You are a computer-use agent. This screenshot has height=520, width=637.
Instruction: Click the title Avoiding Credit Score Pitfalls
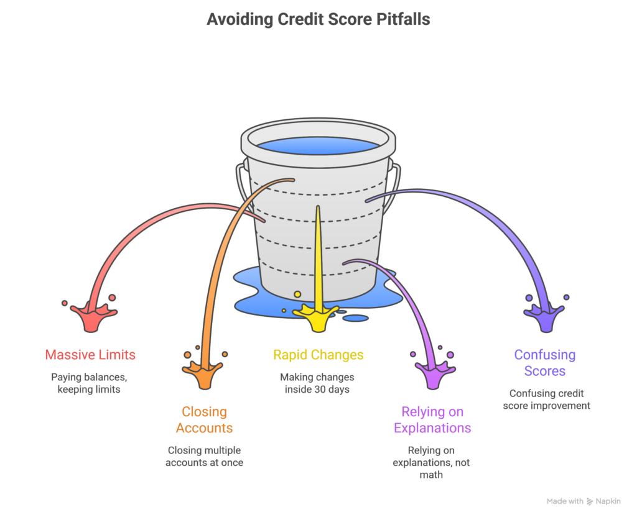pyautogui.click(x=318, y=20)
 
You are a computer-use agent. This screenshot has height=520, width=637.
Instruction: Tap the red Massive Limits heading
pyautogui.click(x=90, y=355)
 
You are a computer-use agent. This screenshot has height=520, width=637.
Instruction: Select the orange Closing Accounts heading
pyautogui.click(x=204, y=419)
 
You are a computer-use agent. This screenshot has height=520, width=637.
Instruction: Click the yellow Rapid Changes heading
pyautogui.click(x=318, y=355)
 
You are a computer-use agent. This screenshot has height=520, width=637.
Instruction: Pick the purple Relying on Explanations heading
pyautogui.click(x=432, y=419)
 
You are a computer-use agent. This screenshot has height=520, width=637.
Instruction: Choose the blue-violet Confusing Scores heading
pyautogui.click(x=544, y=363)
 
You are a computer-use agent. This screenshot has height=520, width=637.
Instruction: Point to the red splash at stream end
pyautogui.click(x=91, y=316)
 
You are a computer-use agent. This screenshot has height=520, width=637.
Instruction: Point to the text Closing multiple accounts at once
pyautogui.click(x=204, y=456)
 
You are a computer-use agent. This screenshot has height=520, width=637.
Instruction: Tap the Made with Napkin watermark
pyautogui.click(x=584, y=501)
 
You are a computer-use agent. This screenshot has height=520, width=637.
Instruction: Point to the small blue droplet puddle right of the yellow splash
pyautogui.click(x=356, y=318)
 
